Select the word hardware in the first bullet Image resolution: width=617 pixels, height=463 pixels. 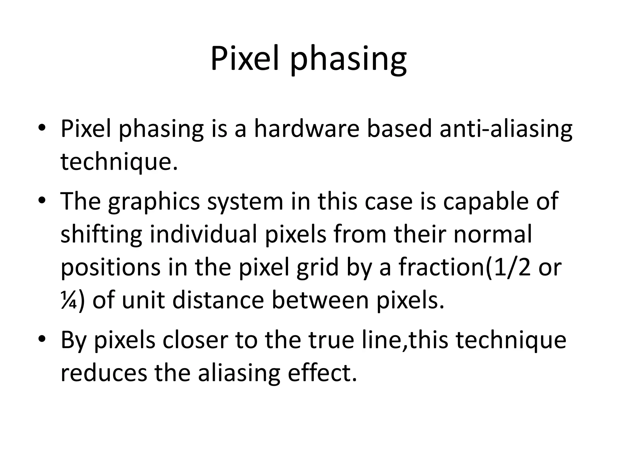tap(307, 129)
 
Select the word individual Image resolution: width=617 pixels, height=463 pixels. tap(203, 235)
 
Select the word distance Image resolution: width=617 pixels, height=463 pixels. tap(218, 301)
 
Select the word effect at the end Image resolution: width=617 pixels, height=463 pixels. tap(322, 373)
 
